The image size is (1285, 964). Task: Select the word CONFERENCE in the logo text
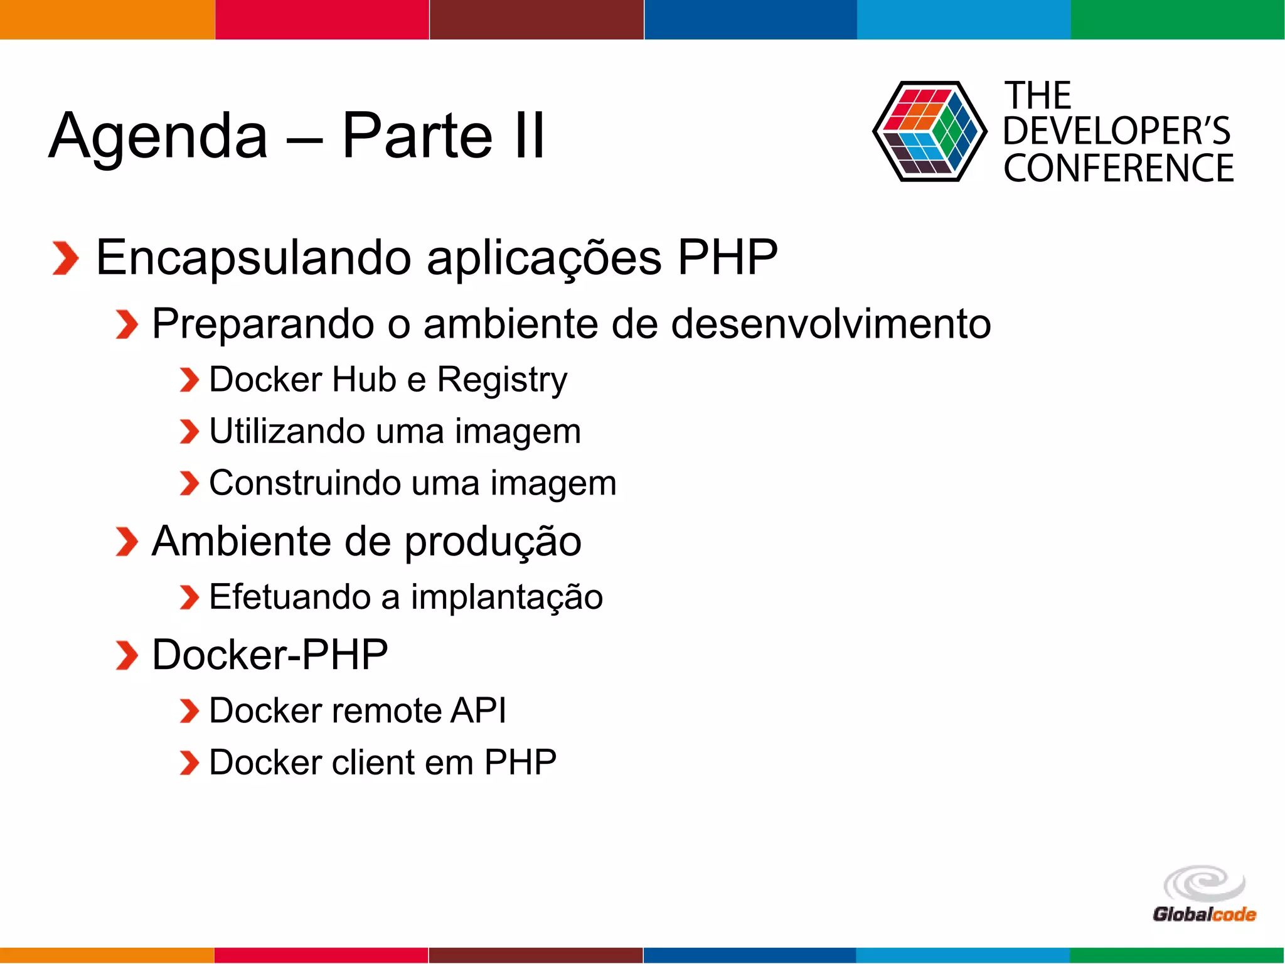click(1118, 168)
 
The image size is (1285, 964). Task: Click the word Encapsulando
click(253, 257)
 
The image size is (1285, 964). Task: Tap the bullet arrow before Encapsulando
click(65, 258)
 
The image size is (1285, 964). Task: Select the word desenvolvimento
click(831, 324)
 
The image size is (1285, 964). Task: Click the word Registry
click(502, 380)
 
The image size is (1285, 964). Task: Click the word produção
click(493, 542)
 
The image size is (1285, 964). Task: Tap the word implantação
click(507, 597)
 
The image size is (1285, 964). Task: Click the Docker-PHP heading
click(270, 655)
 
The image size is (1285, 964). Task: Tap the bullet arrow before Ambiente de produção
click(127, 542)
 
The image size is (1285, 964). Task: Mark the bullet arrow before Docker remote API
click(189, 711)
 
